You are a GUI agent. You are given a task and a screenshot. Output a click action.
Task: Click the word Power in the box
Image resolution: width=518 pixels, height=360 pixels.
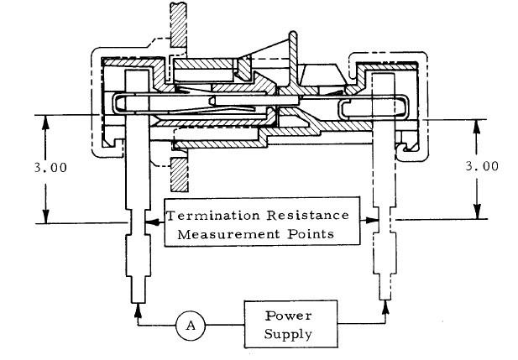(287, 316)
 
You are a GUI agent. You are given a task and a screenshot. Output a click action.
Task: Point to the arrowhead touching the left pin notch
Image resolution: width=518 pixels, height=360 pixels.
(149, 222)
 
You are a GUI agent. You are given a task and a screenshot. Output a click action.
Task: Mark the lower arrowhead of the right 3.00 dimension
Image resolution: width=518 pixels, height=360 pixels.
(476, 216)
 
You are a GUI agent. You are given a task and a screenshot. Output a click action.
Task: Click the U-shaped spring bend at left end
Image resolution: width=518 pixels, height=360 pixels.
(117, 105)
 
